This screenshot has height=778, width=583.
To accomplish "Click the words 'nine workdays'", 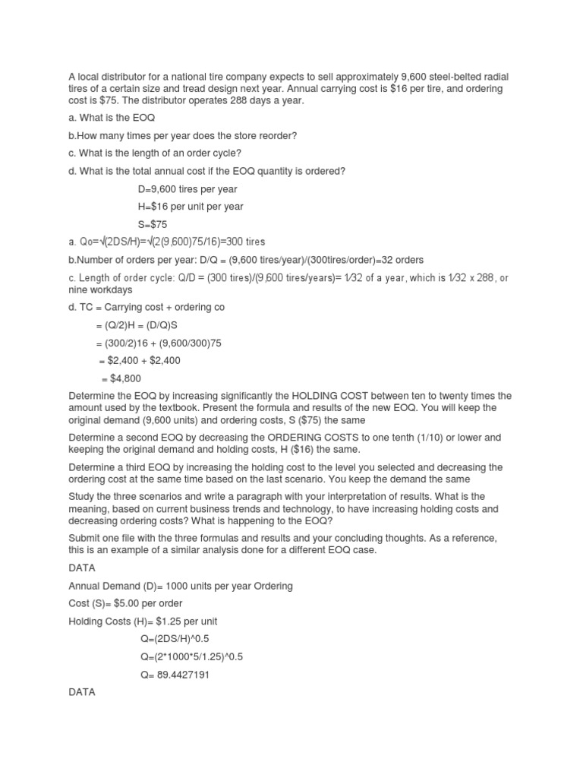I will click(100, 289).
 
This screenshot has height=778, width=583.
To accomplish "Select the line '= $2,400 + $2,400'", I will click(140, 360).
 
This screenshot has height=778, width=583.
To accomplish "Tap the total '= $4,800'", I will click(121, 378).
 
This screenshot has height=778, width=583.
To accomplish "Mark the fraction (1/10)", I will click(422, 438).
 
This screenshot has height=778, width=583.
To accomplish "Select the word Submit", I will click(85, 538).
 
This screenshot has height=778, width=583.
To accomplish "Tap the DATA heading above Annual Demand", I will click(82, 568).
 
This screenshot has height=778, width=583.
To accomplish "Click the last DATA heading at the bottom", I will click(82, 693).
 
